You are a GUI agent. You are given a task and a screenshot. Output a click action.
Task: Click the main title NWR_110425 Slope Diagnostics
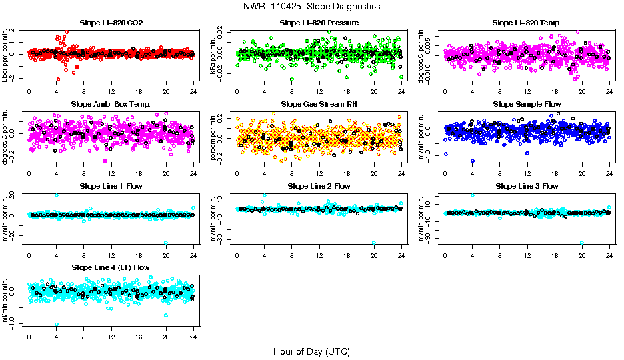[x=311, y=6]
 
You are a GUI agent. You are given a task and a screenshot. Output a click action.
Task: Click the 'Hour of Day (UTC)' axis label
[x=311, y=351]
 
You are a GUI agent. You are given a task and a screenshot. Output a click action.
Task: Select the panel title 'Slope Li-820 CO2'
[x=111, y=23]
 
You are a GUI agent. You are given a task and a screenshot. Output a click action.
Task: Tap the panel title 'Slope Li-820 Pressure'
[x=319, y=23]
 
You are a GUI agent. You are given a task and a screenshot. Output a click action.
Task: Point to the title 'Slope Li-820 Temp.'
[x=527, y=23]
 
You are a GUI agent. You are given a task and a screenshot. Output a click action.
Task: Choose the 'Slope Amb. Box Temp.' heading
[x=111, y=104]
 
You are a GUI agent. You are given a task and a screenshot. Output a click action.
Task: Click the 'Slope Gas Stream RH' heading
[x=319, y=104]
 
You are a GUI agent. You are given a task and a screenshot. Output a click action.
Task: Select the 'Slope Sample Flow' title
[x=527, y=104]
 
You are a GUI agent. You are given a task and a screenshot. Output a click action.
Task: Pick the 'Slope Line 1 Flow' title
[x=111, y=186]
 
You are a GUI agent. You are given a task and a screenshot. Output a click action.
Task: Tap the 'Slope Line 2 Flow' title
[x=319, y=186]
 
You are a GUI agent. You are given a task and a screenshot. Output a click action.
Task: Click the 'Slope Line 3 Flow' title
[x=527, y=186]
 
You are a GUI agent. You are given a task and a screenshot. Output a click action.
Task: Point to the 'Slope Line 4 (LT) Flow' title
[x=111, y=267]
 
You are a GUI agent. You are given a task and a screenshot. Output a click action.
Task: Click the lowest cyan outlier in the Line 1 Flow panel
[x=166, y=243]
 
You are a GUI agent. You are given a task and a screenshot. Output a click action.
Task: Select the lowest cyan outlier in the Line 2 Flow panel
[x=374, y=243]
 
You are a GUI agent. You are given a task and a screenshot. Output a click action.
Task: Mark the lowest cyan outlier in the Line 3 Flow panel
[x=582, y=243]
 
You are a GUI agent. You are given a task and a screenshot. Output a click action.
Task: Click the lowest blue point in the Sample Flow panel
[x=473, y=161]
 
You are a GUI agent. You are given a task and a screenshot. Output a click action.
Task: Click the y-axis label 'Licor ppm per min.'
[x=5, y=55]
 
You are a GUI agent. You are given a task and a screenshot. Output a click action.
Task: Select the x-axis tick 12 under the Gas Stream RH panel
[x=319, y=173]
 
